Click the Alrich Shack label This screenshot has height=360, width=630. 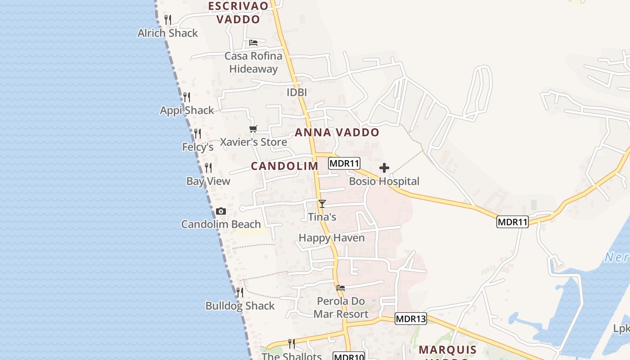pyautogui.click(x=167, y=33)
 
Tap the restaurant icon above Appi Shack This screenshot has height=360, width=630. pyautogui.click(x=187, y=97)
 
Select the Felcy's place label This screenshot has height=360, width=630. pyautogui.click(x=198, y=147)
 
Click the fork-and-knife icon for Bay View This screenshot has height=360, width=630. pyautogui.click(x=208, y=168)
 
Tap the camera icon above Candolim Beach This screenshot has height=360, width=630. pyautogui.click(x=220, y=211)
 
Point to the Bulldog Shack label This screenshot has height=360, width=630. pyautogui.click(x=240, y=306)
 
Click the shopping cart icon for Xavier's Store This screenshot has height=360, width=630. pyautogui.click(x=253, y=129)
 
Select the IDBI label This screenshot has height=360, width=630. pyautogui.click(x=297, y=92)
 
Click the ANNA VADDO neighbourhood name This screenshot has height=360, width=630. pyautogui.click(x=337, y=132)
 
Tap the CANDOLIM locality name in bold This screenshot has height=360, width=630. pyautogui.click(x=284, y=166)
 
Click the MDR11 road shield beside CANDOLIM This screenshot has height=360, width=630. pyautogui.click(x=344, y=163)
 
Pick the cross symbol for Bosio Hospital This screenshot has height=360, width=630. pyautogui.click(x=384, y=168)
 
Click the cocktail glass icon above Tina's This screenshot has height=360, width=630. pyautogui.click(x=322, y=204)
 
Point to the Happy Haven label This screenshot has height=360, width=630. pyautogui.click(x=332, y=238)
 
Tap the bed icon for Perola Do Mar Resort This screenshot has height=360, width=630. pyautogui.click(x=341, y=288)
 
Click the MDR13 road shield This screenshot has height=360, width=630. pyautogui.click(x=411, y=319)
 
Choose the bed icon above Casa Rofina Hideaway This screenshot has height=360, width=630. pyautogui.click(x=253, y=43)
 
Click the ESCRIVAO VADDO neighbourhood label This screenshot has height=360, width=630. pyautogui.click(x=238, y=13)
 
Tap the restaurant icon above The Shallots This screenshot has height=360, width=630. pyautogui.click(x=292, y=344)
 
